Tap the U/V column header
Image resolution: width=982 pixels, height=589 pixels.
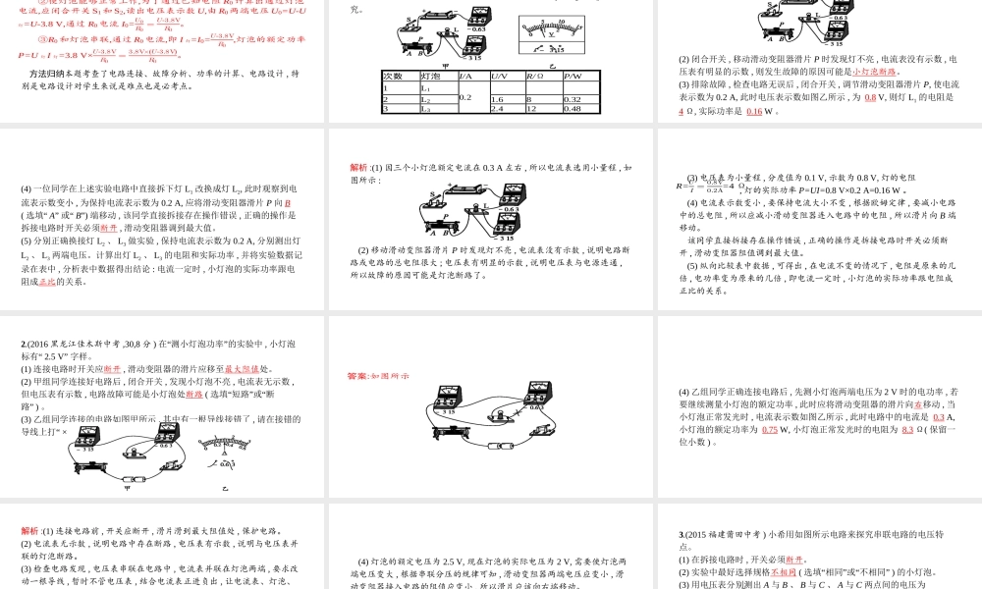click(x=499, y=77)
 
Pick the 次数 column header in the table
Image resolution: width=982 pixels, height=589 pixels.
click(x=393, y=77)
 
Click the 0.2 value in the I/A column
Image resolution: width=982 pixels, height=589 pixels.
click(x=465, y=98)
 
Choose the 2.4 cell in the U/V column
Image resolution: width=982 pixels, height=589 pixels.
click(x=498, y=109)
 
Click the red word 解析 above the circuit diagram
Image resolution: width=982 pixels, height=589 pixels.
click(x=358, y=167)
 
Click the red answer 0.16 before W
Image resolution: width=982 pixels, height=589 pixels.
click(x=754, y=111)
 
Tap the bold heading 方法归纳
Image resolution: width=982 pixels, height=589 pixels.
click(x=47, y=73)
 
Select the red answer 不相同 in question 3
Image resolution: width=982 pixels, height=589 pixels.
click(x=782, y=571)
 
